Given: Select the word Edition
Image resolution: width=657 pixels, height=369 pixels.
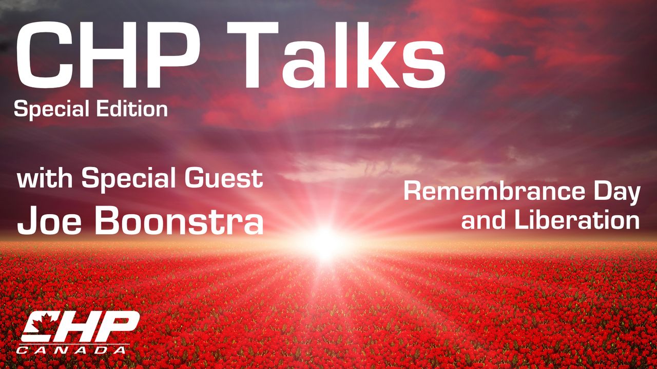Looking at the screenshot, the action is (x=132, y=108).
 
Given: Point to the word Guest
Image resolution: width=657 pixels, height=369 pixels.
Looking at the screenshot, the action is (x=224, y=178).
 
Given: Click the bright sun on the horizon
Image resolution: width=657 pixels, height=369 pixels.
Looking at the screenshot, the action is (x=325, y=243).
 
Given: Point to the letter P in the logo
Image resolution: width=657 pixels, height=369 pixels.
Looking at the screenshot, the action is (x=119, y=325).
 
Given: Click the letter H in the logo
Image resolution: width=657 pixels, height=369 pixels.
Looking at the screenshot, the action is (x=80, y=325).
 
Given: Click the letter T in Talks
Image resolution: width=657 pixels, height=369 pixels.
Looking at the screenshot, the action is (x=252, y=55).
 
